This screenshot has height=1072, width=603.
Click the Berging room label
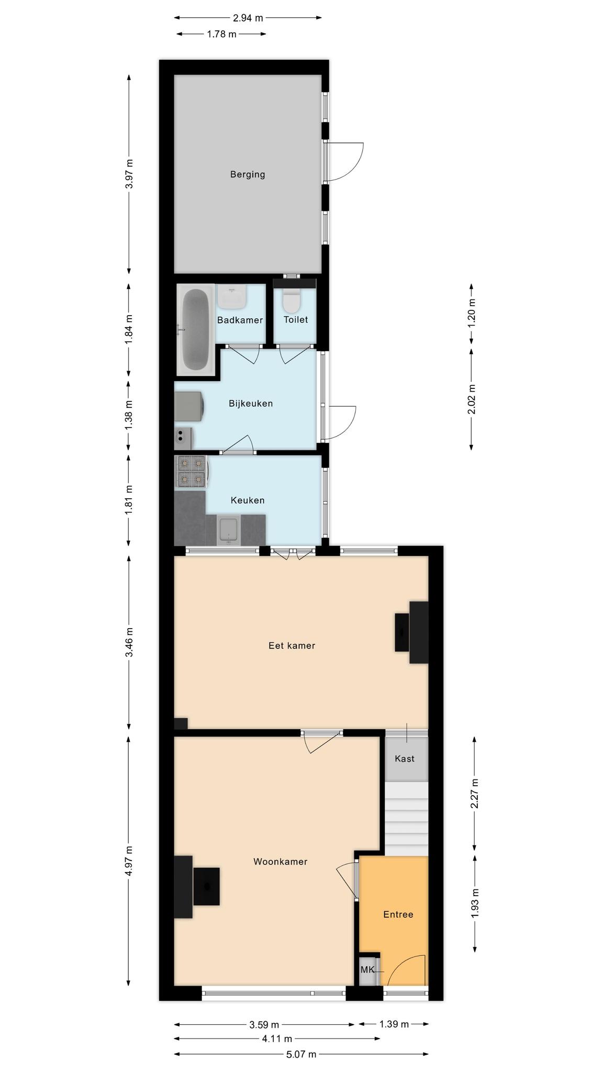point(248,174)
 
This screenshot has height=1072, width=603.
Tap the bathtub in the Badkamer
point(196,330)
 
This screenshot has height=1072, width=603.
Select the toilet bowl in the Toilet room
point(291,300)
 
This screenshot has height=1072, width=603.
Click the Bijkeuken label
point(251,404)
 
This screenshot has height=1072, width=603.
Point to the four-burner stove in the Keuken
point(191,472)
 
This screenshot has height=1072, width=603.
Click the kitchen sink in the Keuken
point(228,530)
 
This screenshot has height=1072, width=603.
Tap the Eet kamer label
point(292,645)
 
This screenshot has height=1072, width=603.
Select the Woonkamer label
point(281,862)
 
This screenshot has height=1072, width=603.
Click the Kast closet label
point(405,758)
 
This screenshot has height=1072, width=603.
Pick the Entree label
point(398,914)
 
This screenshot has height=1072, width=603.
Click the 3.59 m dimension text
point(264,1024)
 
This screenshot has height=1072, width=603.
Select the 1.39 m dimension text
point(394,1024)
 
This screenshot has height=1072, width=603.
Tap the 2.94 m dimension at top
point(248,18)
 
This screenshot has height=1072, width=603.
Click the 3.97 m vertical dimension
point(129,174)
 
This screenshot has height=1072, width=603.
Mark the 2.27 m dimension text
point(475,794)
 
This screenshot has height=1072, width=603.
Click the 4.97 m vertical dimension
point(129,861)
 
